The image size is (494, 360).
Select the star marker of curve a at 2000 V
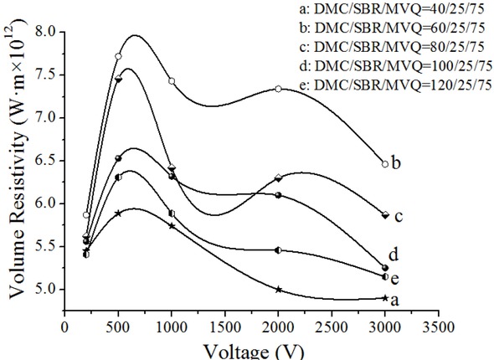click(278, 290)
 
